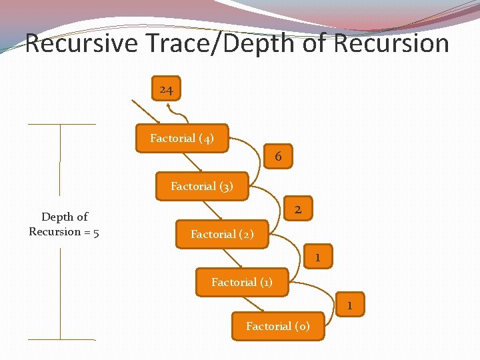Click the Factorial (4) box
[181, 139]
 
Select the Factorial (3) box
[202, 187]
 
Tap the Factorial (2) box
[222, 234]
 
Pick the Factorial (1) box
[242, 282]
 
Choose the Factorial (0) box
[277, 326]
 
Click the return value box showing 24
[167, 89]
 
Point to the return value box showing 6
[278, 157]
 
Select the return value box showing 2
[298, 209]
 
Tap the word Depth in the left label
[56, 217]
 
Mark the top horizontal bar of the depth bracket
[61, 125]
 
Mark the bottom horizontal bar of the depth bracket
[61, 339]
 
